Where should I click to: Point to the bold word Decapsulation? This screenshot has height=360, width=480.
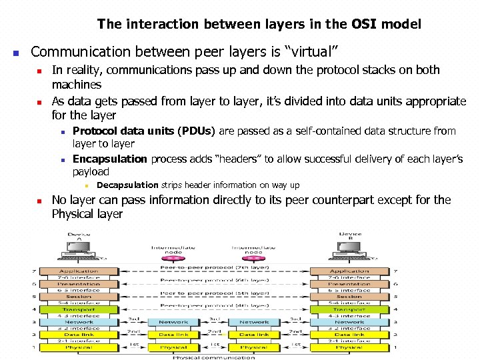(127, 185)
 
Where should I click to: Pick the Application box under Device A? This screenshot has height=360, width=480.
(79, 271)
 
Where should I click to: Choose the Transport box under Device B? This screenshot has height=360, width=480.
(349, 309)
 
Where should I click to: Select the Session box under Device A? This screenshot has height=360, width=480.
(79, 297)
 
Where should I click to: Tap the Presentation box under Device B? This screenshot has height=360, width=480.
(349, 284)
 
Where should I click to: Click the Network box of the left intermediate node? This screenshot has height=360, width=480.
(173, 322)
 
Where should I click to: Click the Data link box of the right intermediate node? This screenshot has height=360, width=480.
(254, 335)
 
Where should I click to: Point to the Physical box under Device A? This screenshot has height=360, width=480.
(79, 347)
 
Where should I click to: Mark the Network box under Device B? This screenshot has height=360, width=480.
(349, 322)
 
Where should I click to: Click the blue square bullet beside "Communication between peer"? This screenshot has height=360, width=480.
(16, 52)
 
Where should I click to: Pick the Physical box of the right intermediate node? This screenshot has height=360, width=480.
(254, 347)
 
